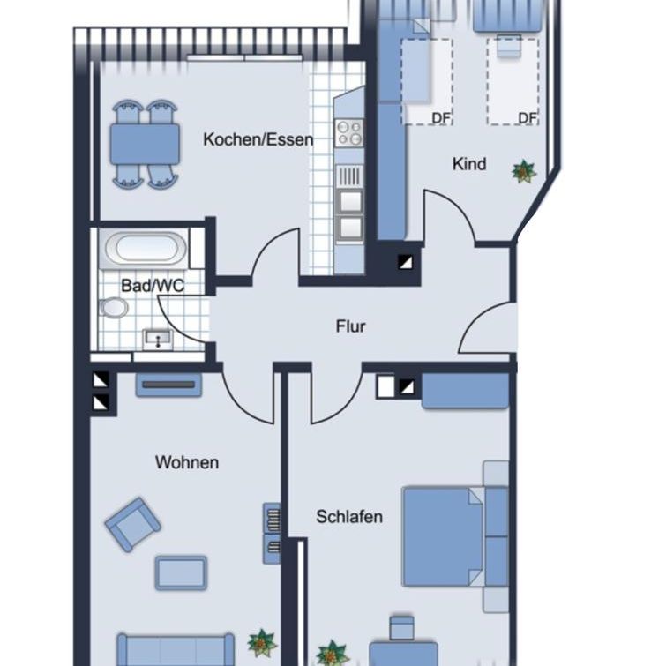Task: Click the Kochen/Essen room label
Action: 258,139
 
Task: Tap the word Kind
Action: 468,164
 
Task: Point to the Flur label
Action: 350,326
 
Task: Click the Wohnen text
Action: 186,462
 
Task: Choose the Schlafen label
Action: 349,516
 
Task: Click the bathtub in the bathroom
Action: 143,249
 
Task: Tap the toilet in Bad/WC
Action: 113,308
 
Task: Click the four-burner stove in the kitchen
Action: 349,133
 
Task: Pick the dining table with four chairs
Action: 145,142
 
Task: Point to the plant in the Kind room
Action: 524,171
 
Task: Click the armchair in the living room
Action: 133,524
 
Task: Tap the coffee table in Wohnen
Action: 181,572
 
